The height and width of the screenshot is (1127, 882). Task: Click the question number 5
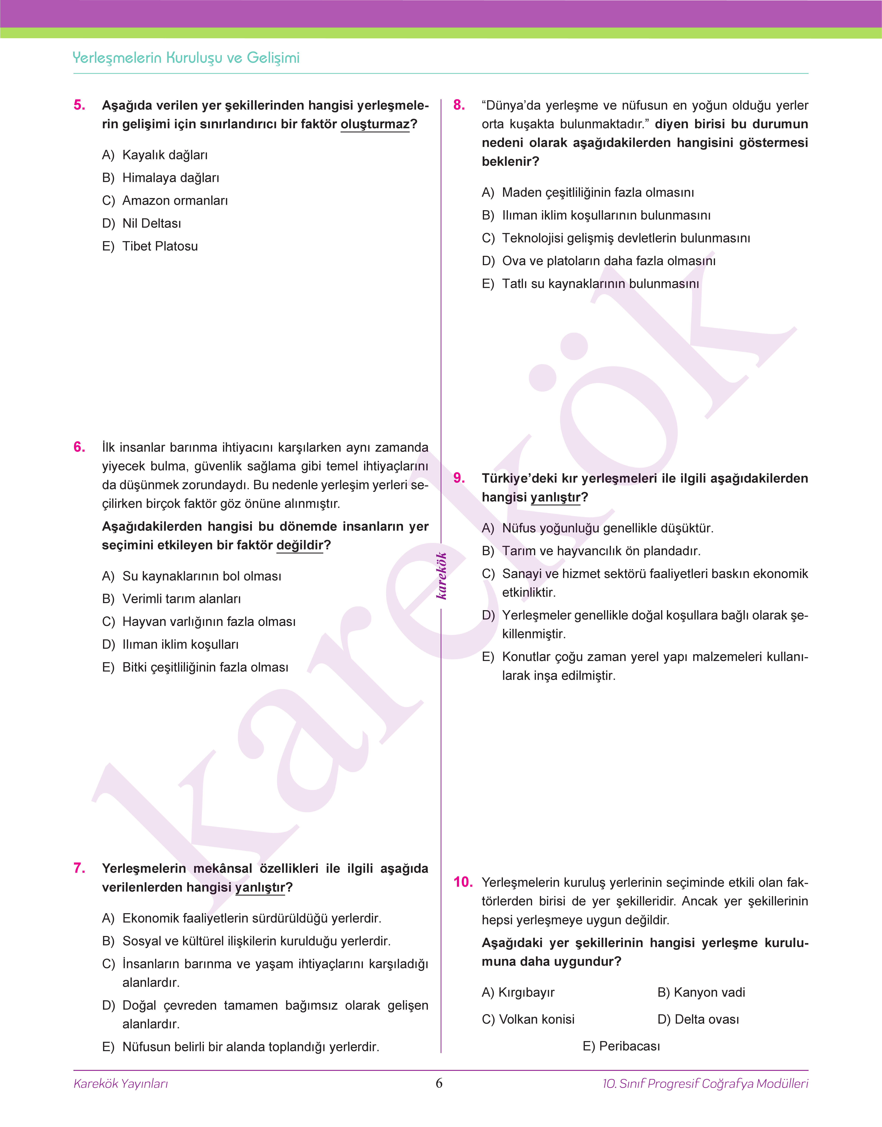(x=80, y=105)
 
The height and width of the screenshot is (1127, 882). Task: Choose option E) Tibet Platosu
(x=150, y=246)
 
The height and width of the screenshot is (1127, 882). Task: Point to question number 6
(x=80, y=447)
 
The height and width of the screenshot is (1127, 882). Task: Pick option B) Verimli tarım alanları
(x=171, y=599)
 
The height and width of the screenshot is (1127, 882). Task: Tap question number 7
(x=80, y=868)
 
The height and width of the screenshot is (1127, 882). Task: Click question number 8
(x=459, y=105)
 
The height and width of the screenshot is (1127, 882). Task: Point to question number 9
(x=459, y=478)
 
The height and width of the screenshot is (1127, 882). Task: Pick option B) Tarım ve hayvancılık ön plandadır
(x=591, y=551)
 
